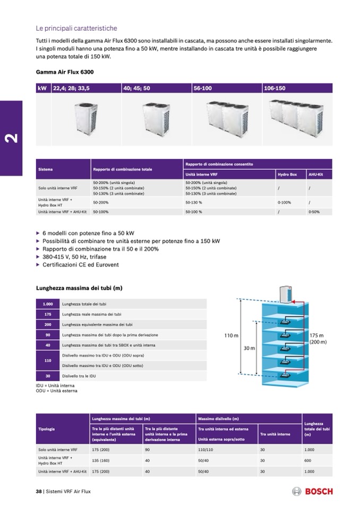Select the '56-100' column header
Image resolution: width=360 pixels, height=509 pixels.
pos(203,88)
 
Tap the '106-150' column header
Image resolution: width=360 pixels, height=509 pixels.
pos(275,88)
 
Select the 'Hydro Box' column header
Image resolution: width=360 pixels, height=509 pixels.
pos(287,174)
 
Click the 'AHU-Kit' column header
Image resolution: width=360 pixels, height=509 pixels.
pos(316,174)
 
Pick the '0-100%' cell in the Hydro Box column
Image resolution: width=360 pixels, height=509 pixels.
pos(285,202)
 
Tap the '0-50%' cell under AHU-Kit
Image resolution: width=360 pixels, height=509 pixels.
pos(315,212)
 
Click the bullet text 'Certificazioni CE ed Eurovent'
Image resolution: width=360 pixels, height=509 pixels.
pos(81,264)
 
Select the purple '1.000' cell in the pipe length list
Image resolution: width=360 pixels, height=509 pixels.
pos(48,304)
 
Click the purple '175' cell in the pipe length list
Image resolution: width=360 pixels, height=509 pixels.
pos(48,314)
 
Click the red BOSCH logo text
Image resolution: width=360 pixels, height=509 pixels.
pos(320,492)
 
